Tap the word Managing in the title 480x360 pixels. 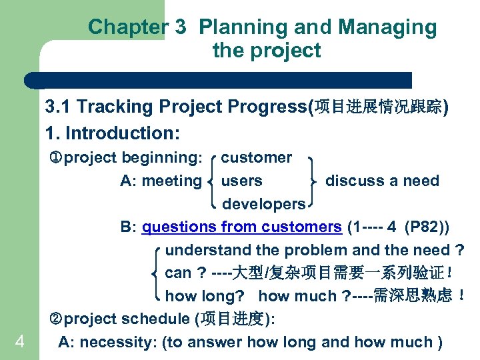click(x=387, y=27)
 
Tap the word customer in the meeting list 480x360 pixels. click(x=256, y=158)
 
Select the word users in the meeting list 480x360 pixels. click(x=241, y=181)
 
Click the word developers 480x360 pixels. click(x=263, y=203)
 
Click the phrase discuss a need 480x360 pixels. click(x=382, y=181)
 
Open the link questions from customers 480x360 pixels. click(x=241, y=227)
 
